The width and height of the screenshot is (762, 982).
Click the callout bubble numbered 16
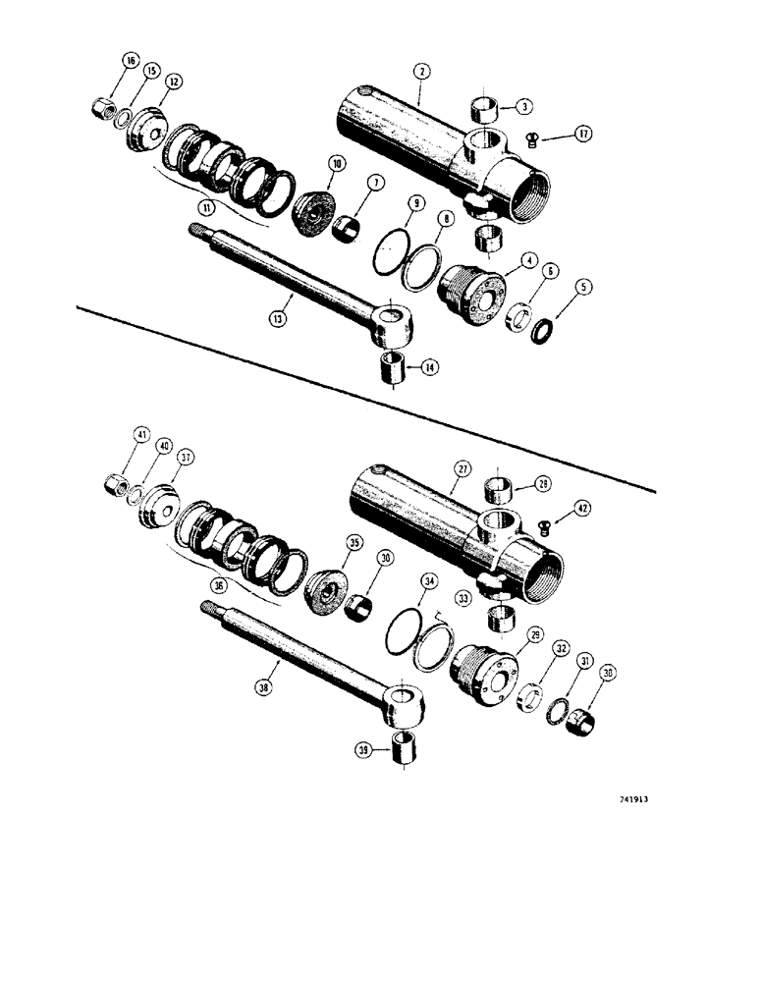pos(130,61)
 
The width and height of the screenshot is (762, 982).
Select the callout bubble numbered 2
pos(419,71)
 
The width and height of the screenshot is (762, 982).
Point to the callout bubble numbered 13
pos(280,319)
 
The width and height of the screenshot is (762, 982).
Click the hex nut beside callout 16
pos(102,102)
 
